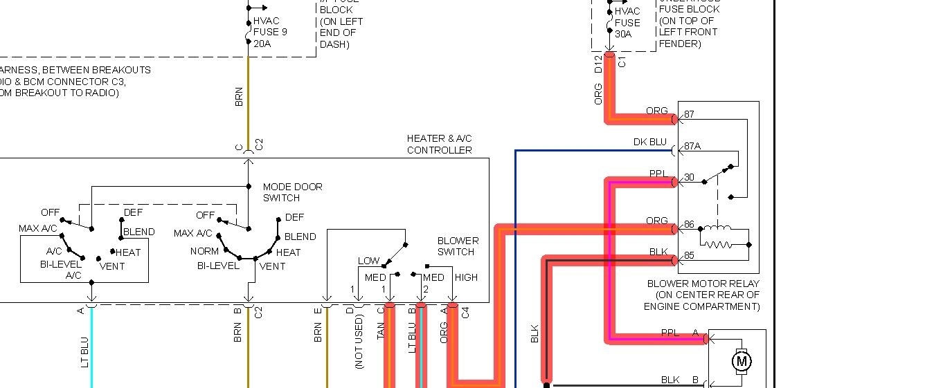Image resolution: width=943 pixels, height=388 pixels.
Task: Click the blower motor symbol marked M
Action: point(742,360)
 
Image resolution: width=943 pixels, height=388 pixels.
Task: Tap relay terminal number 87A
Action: point(693,146)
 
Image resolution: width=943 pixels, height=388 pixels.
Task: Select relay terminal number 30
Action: point(689,178)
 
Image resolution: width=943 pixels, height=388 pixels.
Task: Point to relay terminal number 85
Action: point(689,256)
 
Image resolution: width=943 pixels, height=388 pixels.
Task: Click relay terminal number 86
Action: point(689,225)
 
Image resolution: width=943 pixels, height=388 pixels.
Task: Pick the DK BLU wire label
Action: point(649,142)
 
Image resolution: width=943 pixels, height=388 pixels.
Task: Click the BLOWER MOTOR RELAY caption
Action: point(703,284)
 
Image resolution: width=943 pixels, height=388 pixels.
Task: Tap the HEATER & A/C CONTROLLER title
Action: point(440,145)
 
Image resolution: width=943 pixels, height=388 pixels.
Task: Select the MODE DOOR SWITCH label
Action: point(292,192)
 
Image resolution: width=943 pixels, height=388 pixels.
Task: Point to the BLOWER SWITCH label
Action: point(458,246)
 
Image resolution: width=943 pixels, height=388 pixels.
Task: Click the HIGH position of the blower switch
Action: point(466,277)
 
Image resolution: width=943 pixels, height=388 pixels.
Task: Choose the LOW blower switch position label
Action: point(368,261)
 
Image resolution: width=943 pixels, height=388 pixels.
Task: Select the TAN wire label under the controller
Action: point(380,331)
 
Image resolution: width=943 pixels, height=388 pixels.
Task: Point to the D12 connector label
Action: point(598,65)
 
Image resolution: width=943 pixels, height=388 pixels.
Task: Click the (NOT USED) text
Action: point(359,342)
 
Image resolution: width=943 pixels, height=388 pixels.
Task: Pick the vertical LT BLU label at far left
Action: point(85,351)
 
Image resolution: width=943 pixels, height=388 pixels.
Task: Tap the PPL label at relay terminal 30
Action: point(657,174)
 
